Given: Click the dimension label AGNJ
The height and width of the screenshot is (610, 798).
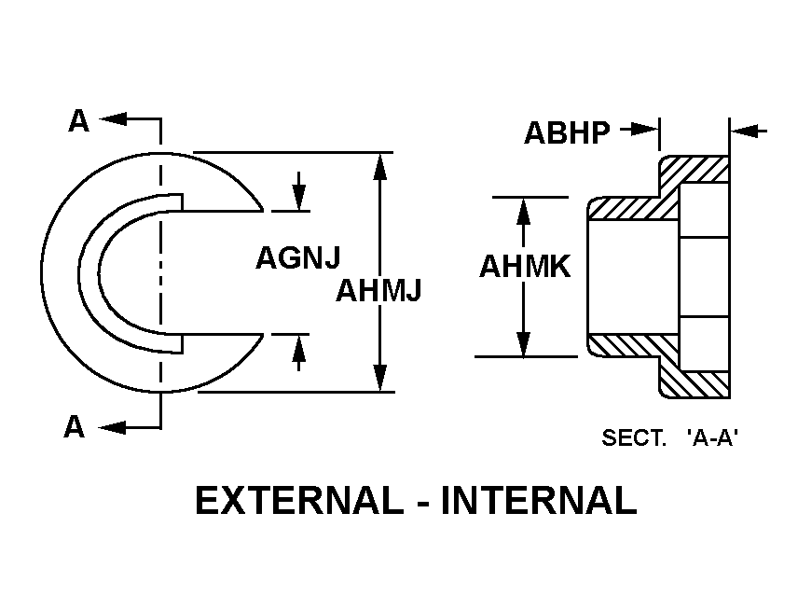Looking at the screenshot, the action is (x=297, y=257).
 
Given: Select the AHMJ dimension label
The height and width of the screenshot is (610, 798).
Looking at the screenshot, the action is (x=378, y=290).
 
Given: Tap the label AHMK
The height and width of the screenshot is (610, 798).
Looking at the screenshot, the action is (x=525, y=267).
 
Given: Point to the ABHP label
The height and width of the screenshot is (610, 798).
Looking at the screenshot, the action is (x=567, y=132).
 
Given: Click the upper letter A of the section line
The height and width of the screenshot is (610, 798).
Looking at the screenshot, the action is (x=79, y=121).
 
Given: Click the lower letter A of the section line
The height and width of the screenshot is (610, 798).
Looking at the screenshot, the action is (x=75, y=426).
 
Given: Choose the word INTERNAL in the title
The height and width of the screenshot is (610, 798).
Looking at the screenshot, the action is (x=539, y=500).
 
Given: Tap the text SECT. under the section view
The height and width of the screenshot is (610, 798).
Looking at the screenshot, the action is (x=634, y=437).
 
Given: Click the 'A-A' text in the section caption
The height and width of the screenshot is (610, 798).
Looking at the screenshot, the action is (x=712, y=437).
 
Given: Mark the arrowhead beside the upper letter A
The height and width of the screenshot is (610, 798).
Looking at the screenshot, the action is (x=113, y=119).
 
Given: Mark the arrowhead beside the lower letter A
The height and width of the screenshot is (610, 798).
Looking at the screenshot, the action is (x=112, y=428).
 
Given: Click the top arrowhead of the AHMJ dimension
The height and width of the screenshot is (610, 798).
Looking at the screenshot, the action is (x=379, y=167).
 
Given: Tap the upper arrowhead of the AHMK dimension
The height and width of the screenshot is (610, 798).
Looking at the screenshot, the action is (x=523, y=211).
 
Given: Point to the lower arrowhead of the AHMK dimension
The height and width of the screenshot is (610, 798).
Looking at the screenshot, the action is (x=523, y=344).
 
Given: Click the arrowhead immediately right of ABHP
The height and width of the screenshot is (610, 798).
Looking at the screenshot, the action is (x=645, y=130).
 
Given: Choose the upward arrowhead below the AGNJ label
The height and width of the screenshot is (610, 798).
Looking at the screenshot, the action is (x=298, y=348).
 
